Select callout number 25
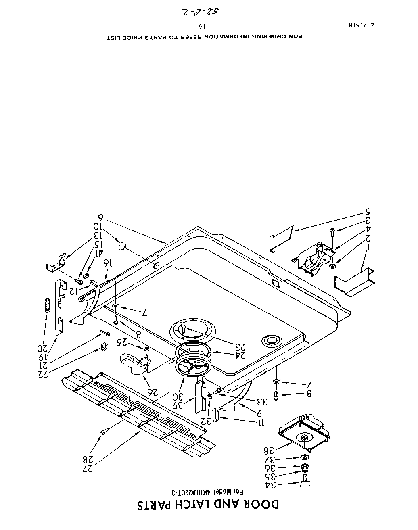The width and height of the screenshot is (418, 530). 123,342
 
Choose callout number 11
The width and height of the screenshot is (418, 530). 261,422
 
